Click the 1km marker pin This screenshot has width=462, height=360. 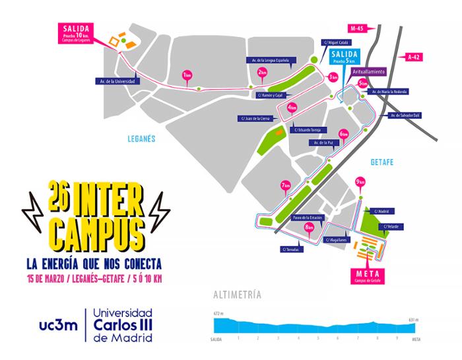point(187,74)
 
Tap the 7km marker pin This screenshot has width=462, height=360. point(285,186)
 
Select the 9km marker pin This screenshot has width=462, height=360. point(360,183)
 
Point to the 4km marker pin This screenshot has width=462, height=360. point(292,108)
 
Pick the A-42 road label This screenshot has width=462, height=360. point(414,57)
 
